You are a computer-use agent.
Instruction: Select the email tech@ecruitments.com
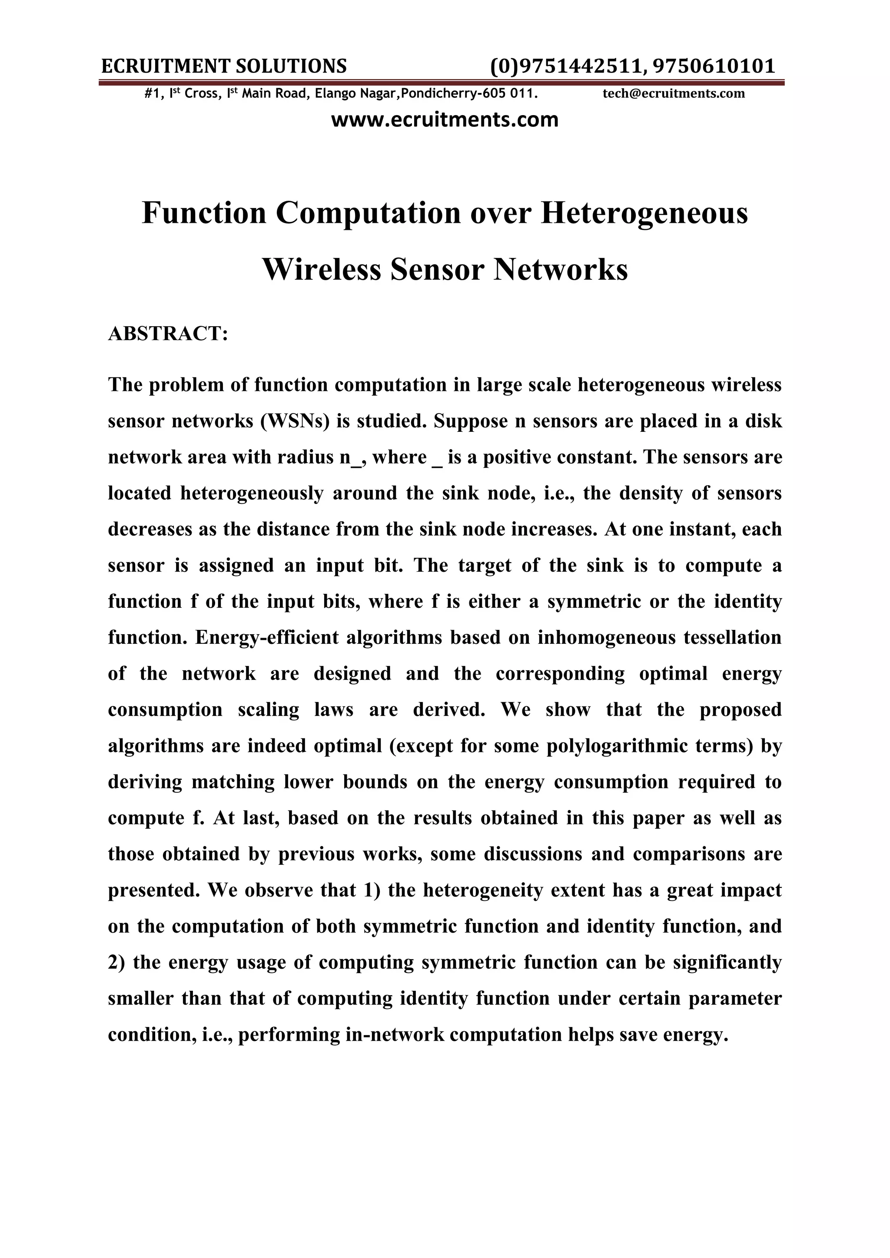674,94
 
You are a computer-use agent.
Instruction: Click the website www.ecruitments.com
445,119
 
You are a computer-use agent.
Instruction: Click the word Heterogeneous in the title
644,213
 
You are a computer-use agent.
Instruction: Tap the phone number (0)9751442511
565,66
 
